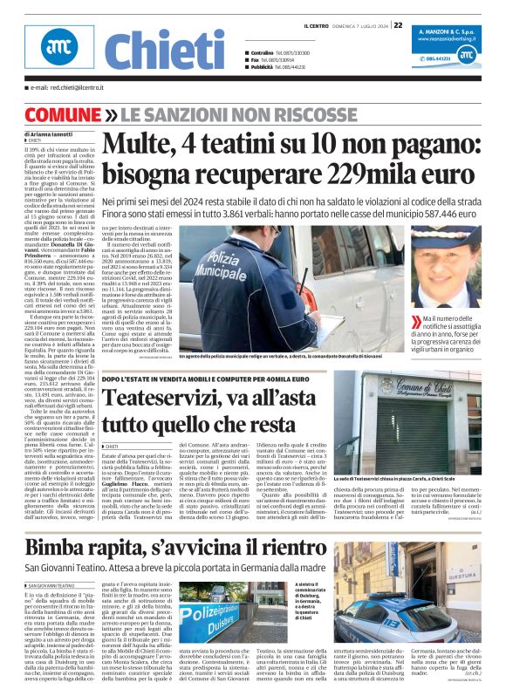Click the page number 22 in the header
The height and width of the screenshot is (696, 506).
coord(398,25)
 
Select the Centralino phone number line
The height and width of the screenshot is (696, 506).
coord(280,52)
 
